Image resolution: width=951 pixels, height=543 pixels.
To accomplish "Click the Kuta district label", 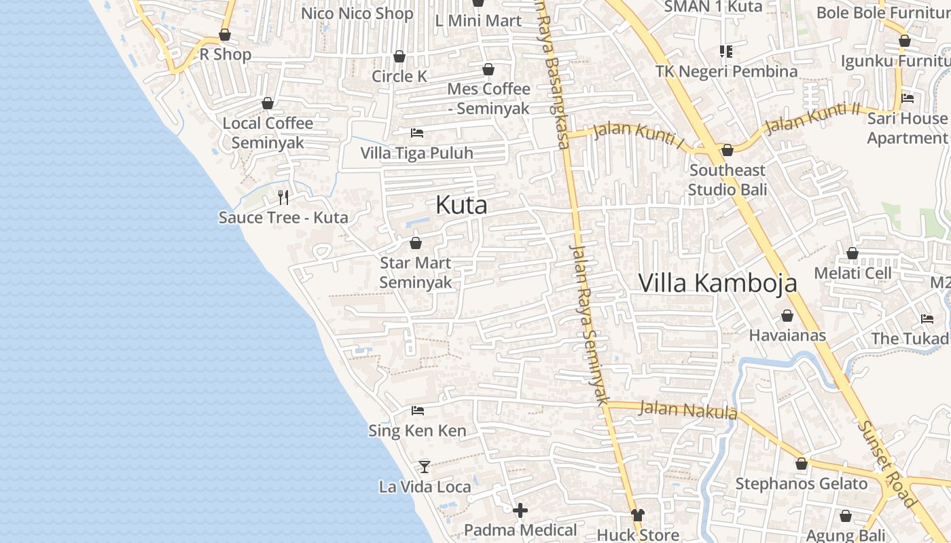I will click(461, 205).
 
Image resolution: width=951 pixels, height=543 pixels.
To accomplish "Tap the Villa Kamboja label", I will click(717, 282).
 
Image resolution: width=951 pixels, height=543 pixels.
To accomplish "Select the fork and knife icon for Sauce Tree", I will click(283, 198).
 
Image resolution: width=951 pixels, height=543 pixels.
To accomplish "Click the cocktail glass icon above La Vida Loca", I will click(425, 466).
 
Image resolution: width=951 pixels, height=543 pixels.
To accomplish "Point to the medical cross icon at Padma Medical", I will click(520, 510).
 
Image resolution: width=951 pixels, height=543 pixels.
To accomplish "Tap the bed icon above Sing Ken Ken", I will click(418, 411).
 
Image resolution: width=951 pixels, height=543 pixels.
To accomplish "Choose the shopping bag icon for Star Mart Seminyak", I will click(416, 243).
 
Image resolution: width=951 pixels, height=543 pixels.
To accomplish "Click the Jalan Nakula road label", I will click(688, 410).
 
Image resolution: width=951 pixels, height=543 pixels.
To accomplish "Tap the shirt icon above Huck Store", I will click(637, 515).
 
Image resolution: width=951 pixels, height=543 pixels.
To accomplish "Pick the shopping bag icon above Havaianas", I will click(787, 316).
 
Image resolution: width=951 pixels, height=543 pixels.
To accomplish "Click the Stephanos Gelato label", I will click(802, 484).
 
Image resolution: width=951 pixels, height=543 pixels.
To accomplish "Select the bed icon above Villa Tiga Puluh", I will click(417, 133).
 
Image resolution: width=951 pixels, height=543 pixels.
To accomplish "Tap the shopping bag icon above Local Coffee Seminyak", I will click(268, 103).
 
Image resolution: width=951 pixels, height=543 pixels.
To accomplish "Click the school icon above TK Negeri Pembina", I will click(726, 52).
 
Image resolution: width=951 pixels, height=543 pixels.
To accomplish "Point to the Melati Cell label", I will click(853, 273).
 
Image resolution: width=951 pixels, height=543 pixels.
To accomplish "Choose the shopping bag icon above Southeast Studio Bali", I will click(728, 150).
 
